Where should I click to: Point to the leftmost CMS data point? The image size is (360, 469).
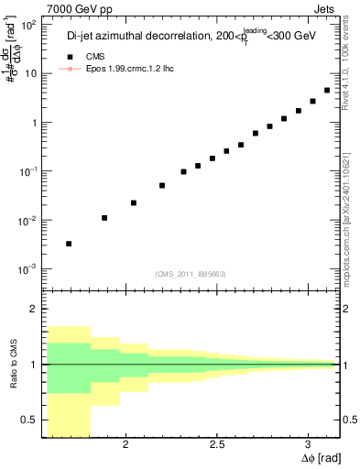[69, 244]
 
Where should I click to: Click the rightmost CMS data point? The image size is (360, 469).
[327, 90]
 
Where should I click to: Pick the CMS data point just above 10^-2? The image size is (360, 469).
[104, 218]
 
